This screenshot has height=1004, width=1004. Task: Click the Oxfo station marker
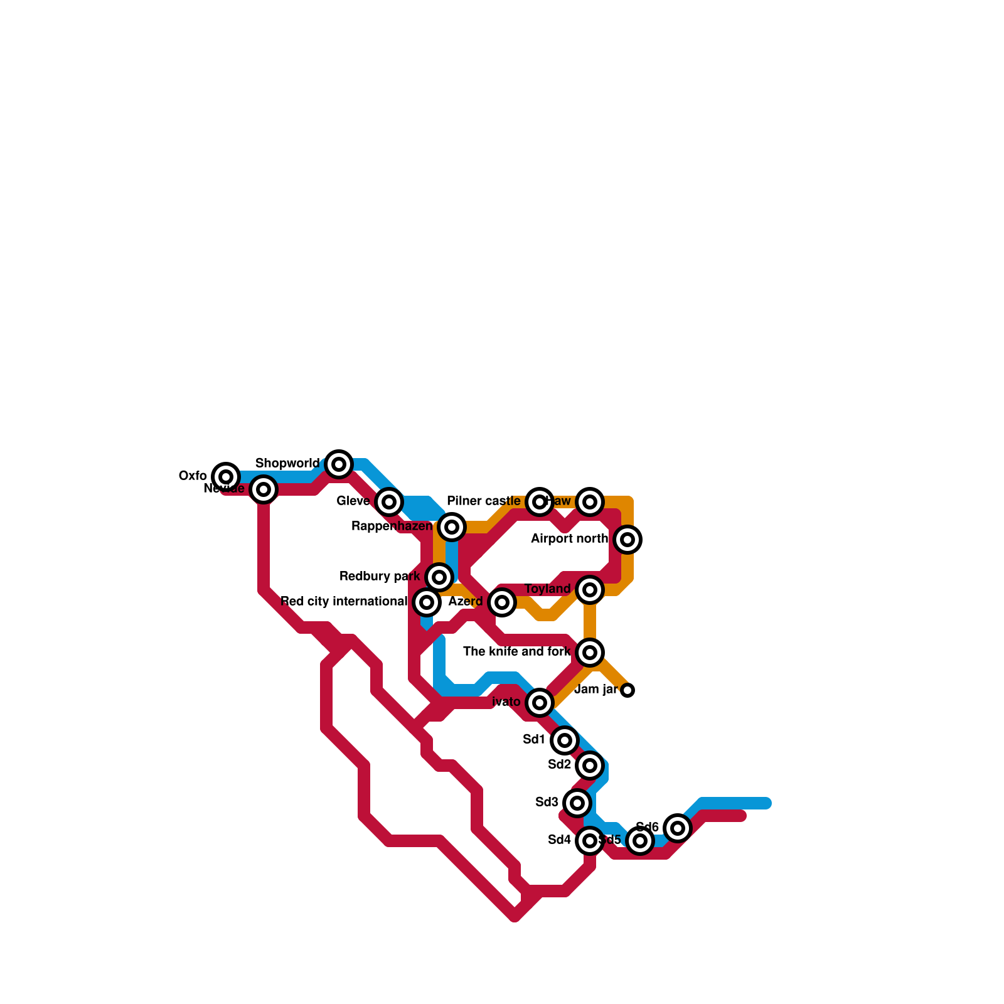(x=226, y=477)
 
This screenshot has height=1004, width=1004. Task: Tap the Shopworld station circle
(x=339, y=464)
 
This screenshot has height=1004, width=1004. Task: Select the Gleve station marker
(x=389, y=502)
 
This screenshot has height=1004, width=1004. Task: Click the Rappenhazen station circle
(x=452, y=527)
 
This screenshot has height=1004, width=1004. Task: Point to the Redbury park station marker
(x=439, y=577)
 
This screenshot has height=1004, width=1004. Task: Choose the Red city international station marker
(x=427, y=602)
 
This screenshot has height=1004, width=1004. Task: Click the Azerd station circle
(x=502, y=602)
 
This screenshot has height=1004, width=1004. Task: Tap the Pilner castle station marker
(x=540, y=502)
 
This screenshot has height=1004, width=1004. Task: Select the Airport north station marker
(x=627, y=540)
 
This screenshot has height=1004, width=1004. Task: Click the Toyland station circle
(x=590, y=590)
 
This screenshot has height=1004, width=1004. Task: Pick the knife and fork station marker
(x=590, y=653)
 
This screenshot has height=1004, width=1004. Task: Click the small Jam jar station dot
(x=627, y=690)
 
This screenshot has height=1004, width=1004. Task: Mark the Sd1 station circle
(x=565, y=740)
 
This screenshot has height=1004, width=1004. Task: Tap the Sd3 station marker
(x=577, y=803)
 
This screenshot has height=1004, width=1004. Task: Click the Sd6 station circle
(x=678, y=828)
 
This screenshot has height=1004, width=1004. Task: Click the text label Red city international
(x=344, y=602)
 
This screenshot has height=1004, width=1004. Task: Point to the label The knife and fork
(x=516, y=652)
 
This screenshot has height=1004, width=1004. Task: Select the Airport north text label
(x=569, y=539)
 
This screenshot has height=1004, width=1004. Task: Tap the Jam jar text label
(x=596, y=690)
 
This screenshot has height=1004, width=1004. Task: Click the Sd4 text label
(x=560, y=840)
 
